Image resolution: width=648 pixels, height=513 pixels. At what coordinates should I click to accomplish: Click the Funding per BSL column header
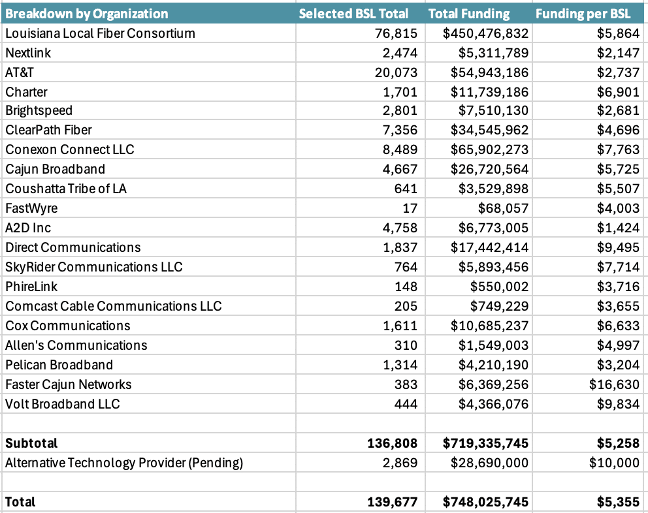tap(583, 14)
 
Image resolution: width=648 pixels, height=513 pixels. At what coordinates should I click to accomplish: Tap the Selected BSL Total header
tap(353, 14)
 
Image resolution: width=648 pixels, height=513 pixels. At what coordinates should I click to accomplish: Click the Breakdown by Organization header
tap(87, 14)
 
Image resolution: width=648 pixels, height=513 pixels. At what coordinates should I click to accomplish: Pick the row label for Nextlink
tap(28, 53)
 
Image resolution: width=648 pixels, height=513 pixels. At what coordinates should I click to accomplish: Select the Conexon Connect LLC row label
tap(70, 149)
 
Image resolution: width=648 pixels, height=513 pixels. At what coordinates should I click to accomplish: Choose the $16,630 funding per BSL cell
tap(615, 384)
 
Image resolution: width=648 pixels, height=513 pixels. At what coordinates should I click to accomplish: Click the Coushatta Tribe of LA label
tap(66, 189)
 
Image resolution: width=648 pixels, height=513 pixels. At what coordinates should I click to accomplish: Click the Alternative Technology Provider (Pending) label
tap(124, 463)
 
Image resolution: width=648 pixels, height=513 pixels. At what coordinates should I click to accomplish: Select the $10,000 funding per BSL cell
tap(615, 463)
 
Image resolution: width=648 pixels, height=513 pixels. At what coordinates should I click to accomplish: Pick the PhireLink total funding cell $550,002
tap(499, 287)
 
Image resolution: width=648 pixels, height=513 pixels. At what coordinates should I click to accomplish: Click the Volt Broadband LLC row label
tap(63, 404)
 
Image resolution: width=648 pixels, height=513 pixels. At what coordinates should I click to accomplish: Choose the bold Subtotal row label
tap(31, 443)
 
